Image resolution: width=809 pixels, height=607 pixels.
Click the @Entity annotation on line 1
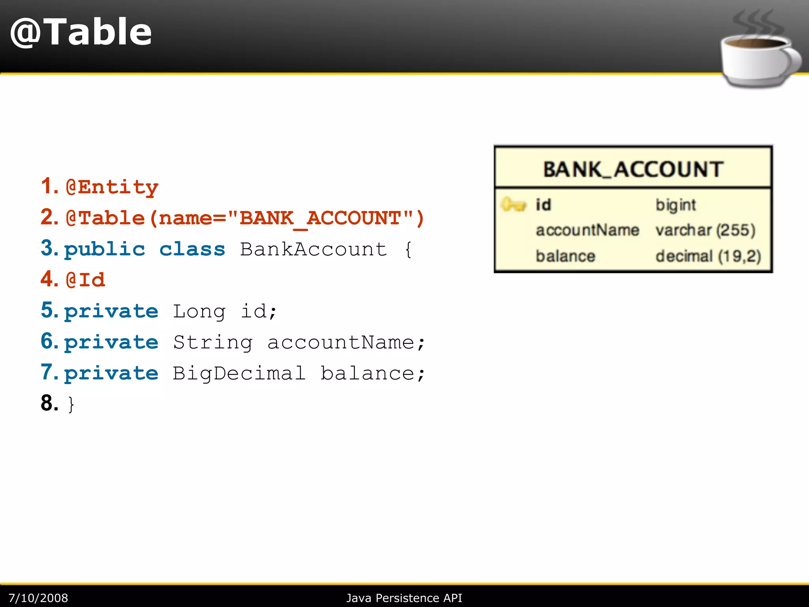pos(112,187)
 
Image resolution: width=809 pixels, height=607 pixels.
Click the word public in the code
pos(105,249)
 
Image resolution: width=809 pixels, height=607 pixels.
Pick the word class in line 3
pos(192,249)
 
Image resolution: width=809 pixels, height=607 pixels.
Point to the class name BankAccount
pos(313,249)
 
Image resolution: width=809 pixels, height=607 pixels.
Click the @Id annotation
pos(86,280)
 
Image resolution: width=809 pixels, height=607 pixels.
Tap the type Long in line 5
pos(199,311)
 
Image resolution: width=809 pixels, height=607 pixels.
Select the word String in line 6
pos(213,342)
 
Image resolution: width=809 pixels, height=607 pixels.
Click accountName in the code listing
pos(341,342)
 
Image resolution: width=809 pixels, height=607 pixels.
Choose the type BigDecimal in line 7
pos(239,373)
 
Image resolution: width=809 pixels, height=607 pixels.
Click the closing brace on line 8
pos(71,404)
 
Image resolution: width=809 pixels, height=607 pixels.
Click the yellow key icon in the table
pos(513,205)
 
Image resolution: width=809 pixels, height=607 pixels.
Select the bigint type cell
pos(675,205)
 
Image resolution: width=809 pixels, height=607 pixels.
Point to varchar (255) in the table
pos(706,230)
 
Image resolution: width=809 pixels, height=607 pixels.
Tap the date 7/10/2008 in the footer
pos(38,598)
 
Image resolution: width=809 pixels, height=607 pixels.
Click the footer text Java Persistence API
pos(404,598)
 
